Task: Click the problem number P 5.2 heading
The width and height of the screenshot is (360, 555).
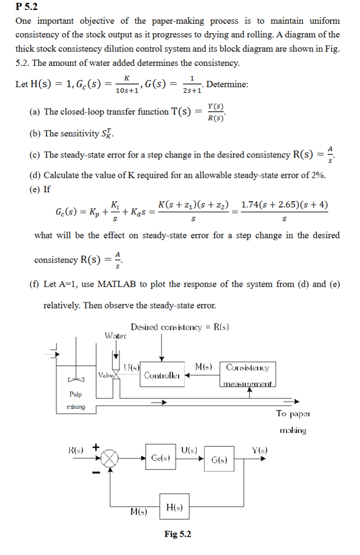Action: (26, 7)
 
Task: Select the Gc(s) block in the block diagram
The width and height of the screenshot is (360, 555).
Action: (161, 458)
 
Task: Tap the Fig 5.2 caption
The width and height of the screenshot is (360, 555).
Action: (177, 534)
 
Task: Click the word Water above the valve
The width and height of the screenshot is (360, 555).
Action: (115, 336)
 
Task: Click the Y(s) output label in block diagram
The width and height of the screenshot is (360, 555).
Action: (259, 449)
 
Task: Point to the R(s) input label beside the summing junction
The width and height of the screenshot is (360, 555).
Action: (78, 449)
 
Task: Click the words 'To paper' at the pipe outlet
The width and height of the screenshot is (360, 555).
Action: (293, 414)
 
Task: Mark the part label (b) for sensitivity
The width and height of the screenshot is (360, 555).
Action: (35, 133)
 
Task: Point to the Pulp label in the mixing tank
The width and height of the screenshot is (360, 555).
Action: (75, 394)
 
